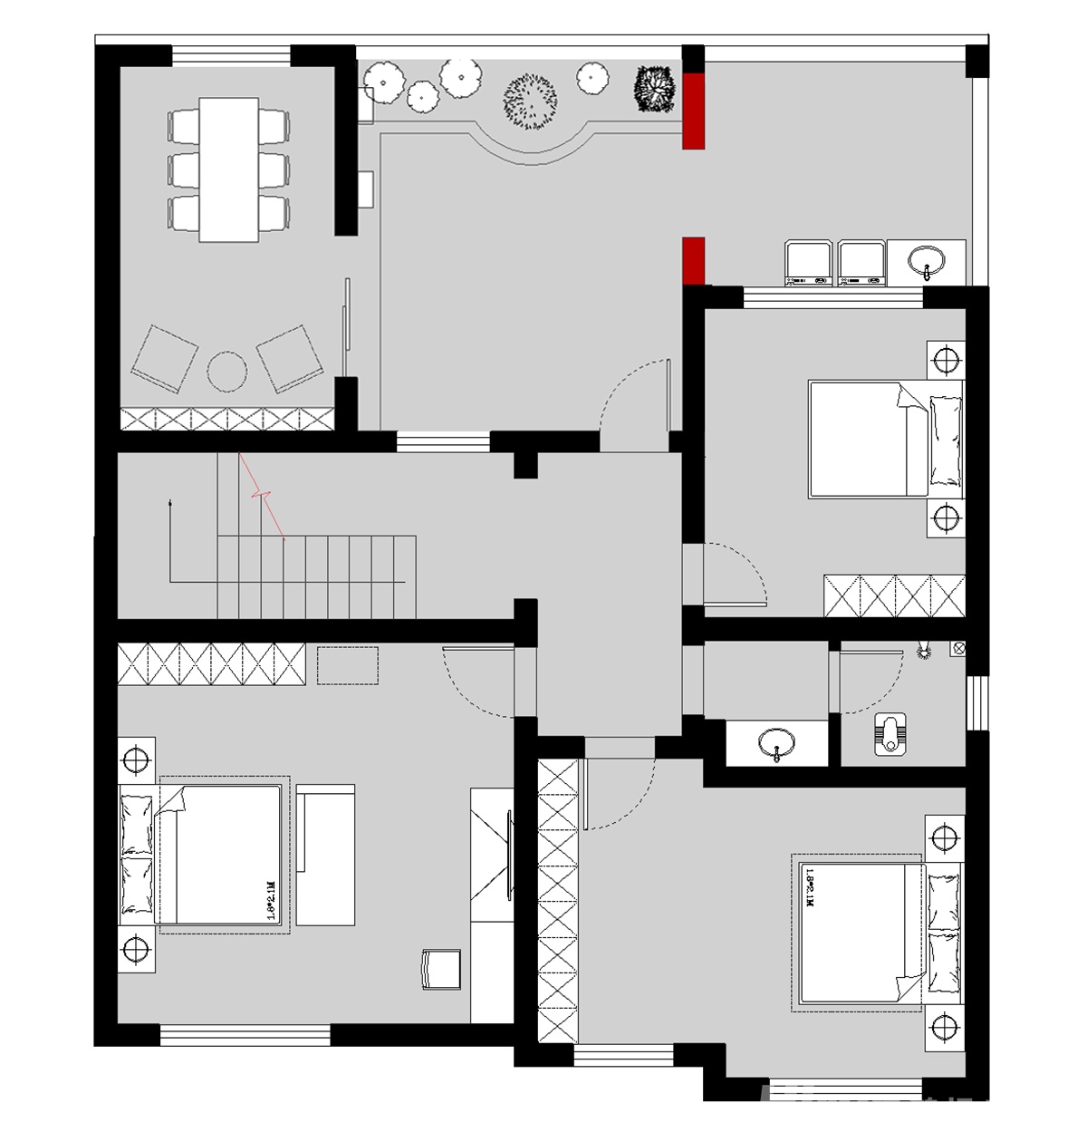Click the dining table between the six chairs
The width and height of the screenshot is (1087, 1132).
click(x=228, y=169)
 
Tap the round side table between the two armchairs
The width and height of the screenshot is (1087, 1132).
click(x=227, y=372)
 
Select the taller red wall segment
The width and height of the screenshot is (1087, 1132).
click(x=693, y=110)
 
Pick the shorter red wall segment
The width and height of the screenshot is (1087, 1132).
click(x=693, y=260)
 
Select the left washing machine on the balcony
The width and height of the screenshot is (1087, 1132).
click(x=808, y=264)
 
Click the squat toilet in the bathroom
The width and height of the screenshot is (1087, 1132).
click(x=892, y=734)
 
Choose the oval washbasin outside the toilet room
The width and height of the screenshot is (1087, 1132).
click(x=777, y=743)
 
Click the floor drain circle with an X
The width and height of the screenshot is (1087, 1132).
click(x=957, y=648)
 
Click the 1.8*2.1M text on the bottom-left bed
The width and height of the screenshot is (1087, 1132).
click(x=271, y=899)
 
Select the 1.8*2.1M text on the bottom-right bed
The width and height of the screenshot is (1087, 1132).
click(x=808, y=888)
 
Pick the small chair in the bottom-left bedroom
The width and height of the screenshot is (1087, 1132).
click(x=441, y=968)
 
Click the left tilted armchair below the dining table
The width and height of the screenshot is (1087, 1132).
click(x=165, y=358)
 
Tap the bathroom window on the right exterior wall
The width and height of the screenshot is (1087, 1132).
click(x=976, y=702)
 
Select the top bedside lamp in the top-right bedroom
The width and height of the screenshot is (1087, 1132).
click(x=947, y=361)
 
